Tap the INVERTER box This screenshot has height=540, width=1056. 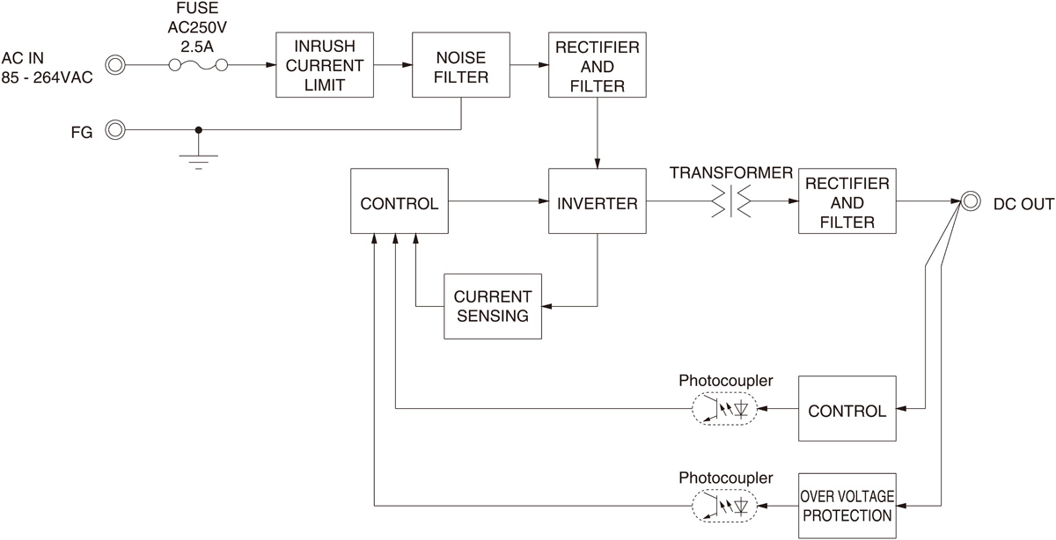598,203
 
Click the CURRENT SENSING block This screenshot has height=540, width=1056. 492,305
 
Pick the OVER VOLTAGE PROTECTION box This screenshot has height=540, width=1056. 847,506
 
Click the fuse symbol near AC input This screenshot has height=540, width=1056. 199,64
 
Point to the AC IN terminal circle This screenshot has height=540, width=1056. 115,64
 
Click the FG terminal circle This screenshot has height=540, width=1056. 115,130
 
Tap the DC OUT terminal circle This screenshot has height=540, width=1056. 970,201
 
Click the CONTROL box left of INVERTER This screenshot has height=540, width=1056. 399,203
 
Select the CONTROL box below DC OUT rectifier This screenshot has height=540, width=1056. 847,409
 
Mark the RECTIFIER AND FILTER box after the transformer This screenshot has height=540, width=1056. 847,201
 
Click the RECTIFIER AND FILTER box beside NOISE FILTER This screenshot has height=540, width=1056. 598,65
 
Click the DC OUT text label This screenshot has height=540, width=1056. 1023,204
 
